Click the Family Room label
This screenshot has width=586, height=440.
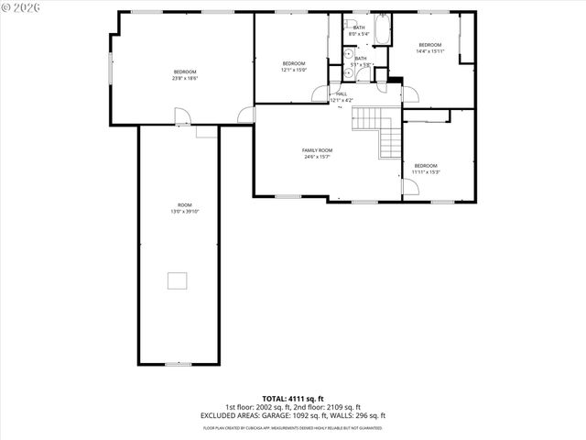point(318,150)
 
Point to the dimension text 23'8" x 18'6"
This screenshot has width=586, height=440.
point(185,78)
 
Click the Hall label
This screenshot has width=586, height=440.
point(342,93)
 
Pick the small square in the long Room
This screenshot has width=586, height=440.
point(178,280)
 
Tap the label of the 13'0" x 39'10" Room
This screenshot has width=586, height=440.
point(185,204)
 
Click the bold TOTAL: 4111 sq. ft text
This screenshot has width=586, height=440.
point(293,399)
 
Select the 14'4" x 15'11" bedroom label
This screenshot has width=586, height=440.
point(429,45)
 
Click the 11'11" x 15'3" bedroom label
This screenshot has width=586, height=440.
point(426,166)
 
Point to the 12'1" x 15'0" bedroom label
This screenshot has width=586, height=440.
point(293,63)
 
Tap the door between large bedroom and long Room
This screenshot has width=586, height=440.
point(182,116)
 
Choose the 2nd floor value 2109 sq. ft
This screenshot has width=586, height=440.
point(343,407)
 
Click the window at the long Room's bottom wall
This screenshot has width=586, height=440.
point(178,364)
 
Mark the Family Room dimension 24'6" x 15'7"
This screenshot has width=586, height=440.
point(318,157)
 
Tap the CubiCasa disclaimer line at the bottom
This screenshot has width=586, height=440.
point(293,427)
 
